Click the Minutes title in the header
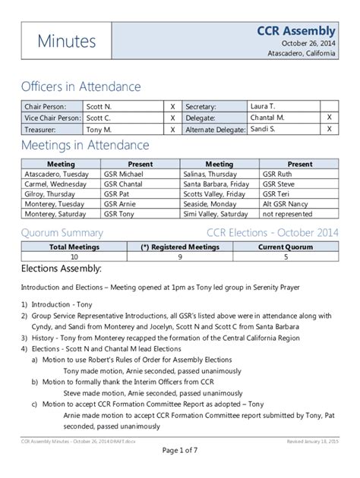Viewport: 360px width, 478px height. pos(67,42)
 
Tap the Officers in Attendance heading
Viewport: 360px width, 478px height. pos(81,86)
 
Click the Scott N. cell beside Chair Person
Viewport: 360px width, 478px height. pos(99,107)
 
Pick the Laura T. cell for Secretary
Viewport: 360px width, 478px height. pos(263,107)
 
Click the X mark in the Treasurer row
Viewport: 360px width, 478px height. pos(172,130)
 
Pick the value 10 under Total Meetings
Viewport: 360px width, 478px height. pos(62,257)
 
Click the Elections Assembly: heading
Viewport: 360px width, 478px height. pos(61,269)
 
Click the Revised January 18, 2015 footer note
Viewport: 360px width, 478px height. pos(313,441)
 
